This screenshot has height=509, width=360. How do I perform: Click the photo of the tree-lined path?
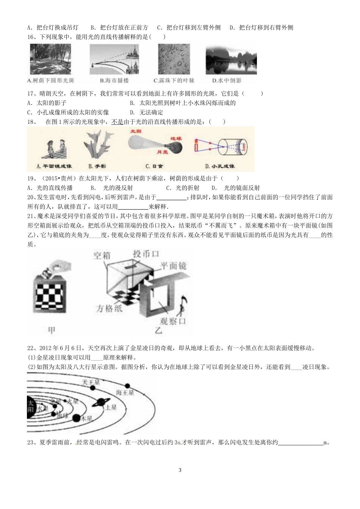(x=50, y=59)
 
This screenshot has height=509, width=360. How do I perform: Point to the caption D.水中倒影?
(x=227, y=80)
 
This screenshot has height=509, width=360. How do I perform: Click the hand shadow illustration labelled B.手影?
(x=97, y=146)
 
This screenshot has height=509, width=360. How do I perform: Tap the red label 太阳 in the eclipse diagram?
(x=133, y=130)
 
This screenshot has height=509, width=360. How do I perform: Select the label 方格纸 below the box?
(x=109, y=308)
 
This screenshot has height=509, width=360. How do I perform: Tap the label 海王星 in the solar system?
(x=125, y=392)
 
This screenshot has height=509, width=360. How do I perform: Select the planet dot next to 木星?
(x=76, y=418)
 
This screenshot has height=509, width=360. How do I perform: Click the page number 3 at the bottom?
(x=180, y=470)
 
